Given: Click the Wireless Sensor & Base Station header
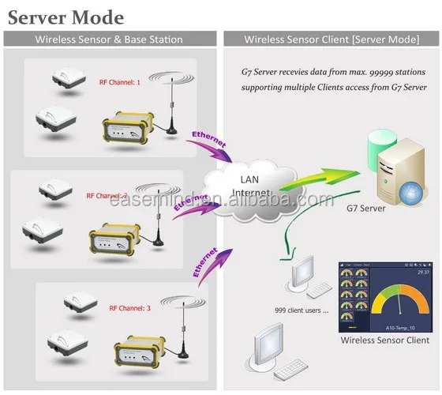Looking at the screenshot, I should pyautogui.click(x=109, y=39).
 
